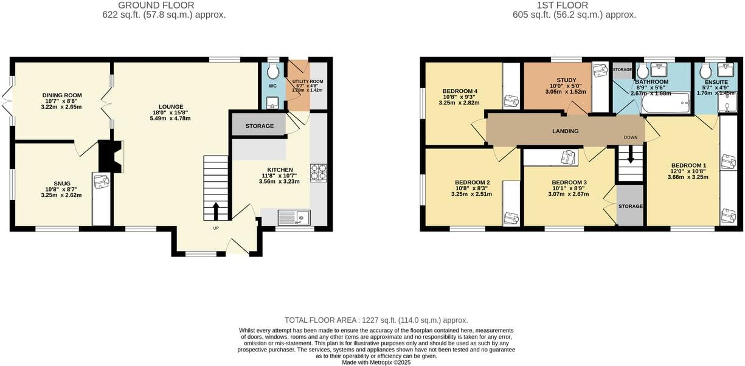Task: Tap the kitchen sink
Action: pos(294,216)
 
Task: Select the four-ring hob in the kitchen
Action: pos(319,173)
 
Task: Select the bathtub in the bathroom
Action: pos(666,104)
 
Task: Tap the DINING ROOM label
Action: pos(62,95)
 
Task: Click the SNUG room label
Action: pos(61,183)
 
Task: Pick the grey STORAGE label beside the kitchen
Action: pos(260,126)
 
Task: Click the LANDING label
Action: pos(565,131)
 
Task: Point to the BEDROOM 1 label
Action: pos(688,165)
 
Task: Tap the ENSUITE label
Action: pos(715,81)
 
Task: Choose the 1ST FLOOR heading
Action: pos(562,5)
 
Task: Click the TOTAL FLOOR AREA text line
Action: pos(376,320)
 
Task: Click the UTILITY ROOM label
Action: pos(307,81)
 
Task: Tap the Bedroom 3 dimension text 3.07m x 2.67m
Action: pos(569,195)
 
